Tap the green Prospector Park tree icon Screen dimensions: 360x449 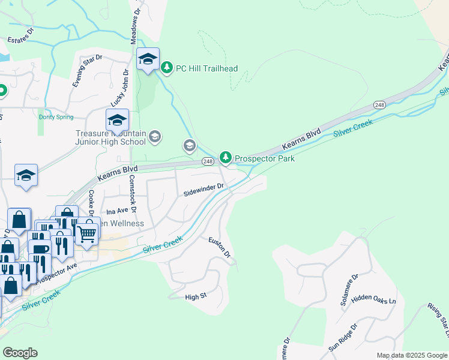point(225,158)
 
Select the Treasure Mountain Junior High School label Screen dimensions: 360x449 point(110,138)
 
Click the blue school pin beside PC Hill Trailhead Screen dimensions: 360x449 point(148,59)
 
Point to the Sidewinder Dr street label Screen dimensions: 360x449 point(203,189)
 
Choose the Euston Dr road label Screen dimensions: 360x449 point(220,247)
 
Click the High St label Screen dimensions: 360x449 point(196,296)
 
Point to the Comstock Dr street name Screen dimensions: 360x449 point(133,193)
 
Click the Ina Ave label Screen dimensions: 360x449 point(117,211)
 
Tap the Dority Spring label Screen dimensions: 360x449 point(56,117)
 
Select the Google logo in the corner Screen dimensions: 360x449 point(20,353)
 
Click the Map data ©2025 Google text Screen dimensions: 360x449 point(411,355)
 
